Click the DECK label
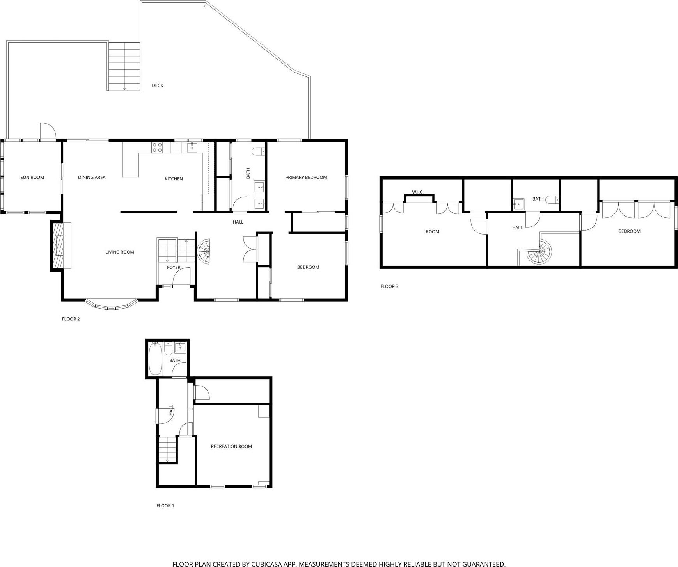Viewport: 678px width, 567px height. (157, 85)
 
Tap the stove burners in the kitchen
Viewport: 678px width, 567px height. (157, 148)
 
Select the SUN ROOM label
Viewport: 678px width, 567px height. (32, 177)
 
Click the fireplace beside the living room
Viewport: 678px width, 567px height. (57, 245)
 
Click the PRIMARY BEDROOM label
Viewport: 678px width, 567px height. (306, 177)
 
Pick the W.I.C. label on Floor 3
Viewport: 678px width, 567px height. (417, 192)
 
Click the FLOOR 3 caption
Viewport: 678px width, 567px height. (389, 286)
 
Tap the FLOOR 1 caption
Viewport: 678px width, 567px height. (165, 505)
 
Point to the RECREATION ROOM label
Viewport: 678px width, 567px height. (231, 446)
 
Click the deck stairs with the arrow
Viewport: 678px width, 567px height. (124, 66)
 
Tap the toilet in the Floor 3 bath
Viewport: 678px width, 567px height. (552, 200)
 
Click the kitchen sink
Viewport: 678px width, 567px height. (192, 147)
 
